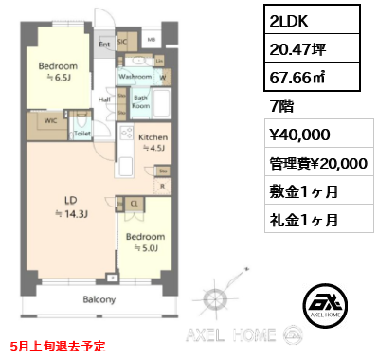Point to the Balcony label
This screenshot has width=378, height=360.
point(99,299)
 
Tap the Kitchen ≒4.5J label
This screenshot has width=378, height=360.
point(153,142)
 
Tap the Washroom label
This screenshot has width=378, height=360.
point(136,76)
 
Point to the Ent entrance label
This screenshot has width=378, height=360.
point(105,43)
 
